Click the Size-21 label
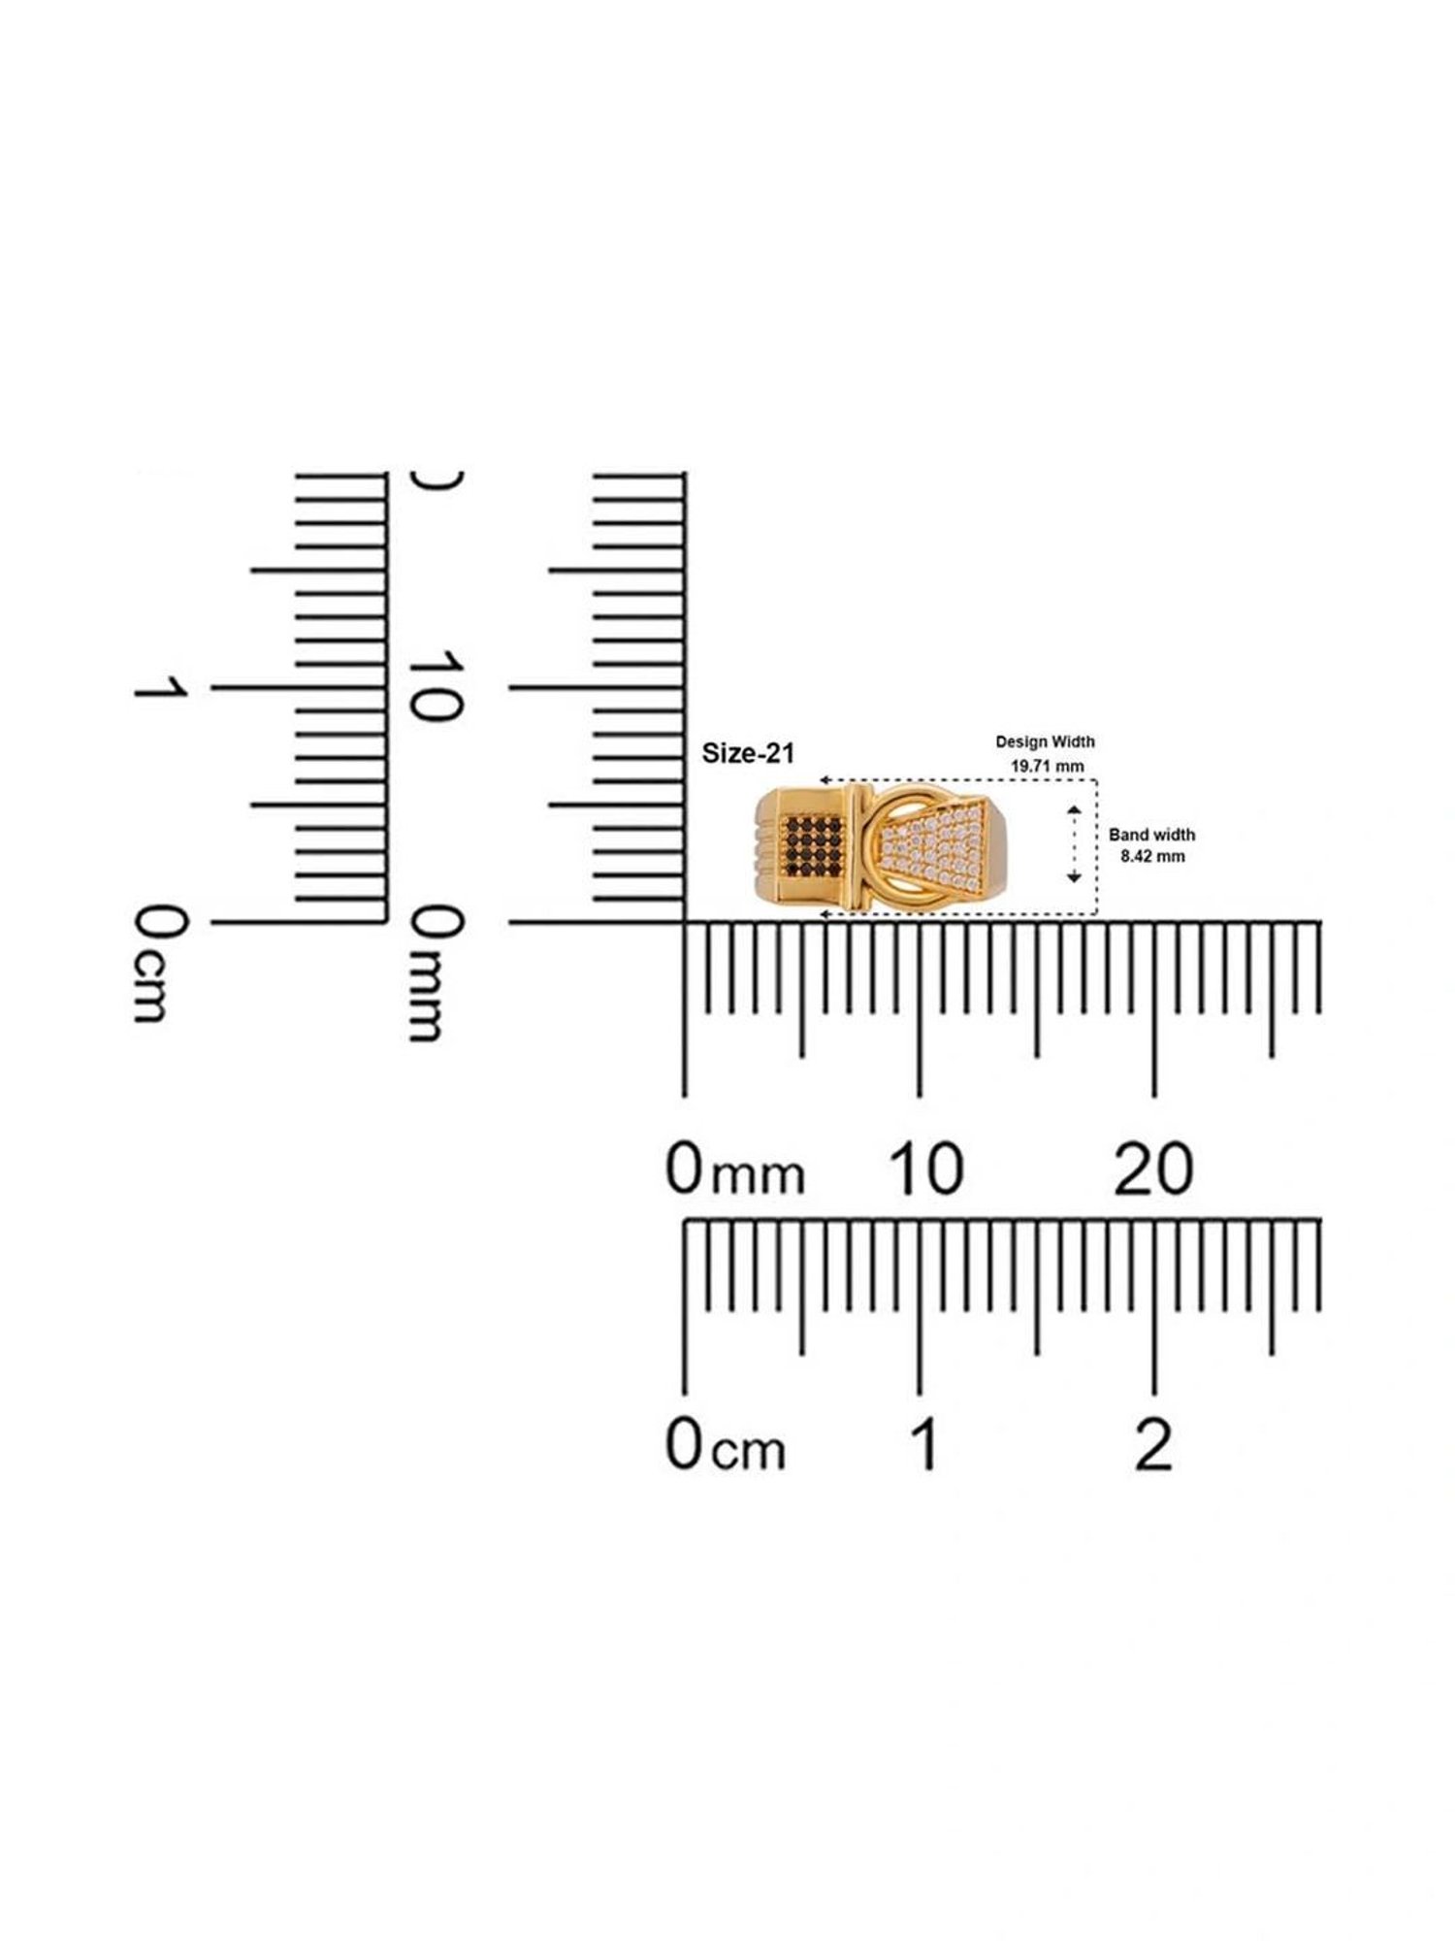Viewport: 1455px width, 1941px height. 748,753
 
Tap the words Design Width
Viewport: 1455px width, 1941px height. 1045,741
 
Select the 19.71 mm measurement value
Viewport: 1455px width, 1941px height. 1048,766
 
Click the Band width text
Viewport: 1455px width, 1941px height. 1151,835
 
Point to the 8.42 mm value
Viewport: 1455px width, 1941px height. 1152,856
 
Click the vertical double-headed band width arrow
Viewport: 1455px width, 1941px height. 1074,843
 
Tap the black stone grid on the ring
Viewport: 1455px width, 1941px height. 813,841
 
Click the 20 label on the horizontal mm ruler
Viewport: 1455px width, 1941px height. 1153,1169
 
